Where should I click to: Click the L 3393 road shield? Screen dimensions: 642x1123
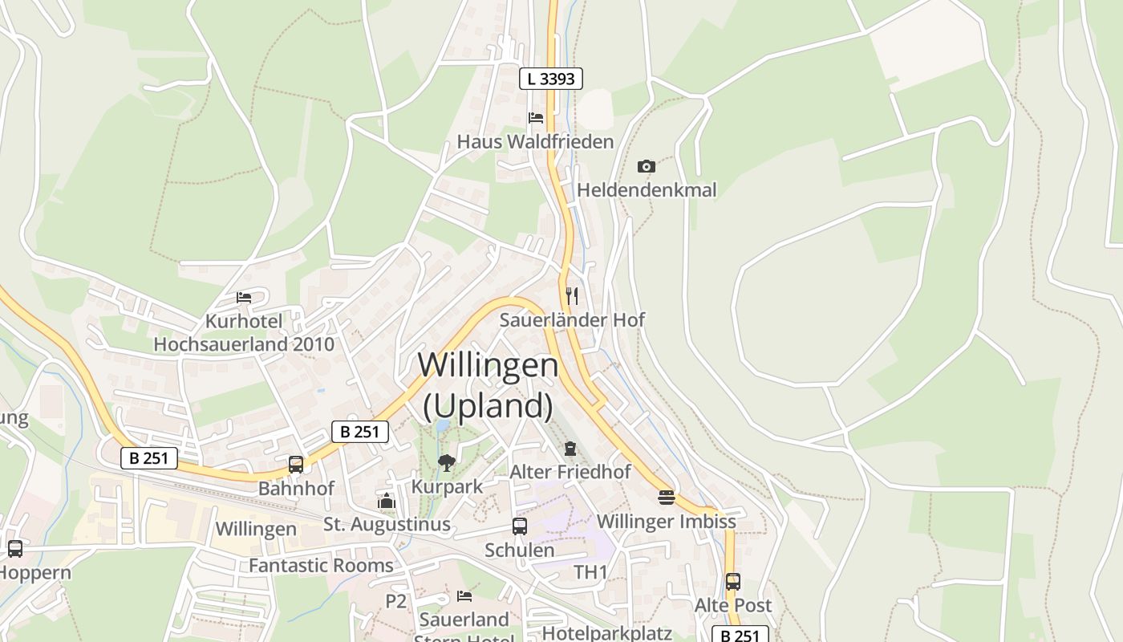550,79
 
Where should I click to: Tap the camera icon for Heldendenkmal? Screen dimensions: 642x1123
646,166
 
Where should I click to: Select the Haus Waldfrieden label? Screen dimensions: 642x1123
535,142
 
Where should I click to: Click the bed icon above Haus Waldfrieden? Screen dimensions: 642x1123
536,118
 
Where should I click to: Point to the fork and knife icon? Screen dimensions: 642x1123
571,295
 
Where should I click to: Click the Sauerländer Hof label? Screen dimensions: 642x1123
572,319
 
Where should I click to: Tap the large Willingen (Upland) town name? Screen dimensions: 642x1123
488,385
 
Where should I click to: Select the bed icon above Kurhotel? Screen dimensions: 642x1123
244,298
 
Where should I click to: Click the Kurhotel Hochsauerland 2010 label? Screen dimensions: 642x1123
244,333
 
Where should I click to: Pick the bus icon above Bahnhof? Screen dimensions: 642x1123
296,464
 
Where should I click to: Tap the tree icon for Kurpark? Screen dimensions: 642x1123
447,462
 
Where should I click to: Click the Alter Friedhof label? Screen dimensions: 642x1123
570,472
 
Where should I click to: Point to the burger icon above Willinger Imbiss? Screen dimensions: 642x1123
666,498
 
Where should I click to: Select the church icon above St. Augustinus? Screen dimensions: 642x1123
387,502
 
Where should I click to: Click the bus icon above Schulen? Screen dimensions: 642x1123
520,526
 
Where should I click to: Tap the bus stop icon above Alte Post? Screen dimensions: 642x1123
732,582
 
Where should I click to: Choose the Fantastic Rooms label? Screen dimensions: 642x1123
321,566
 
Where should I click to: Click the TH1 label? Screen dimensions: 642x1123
590,572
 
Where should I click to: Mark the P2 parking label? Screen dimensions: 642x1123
396,601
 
